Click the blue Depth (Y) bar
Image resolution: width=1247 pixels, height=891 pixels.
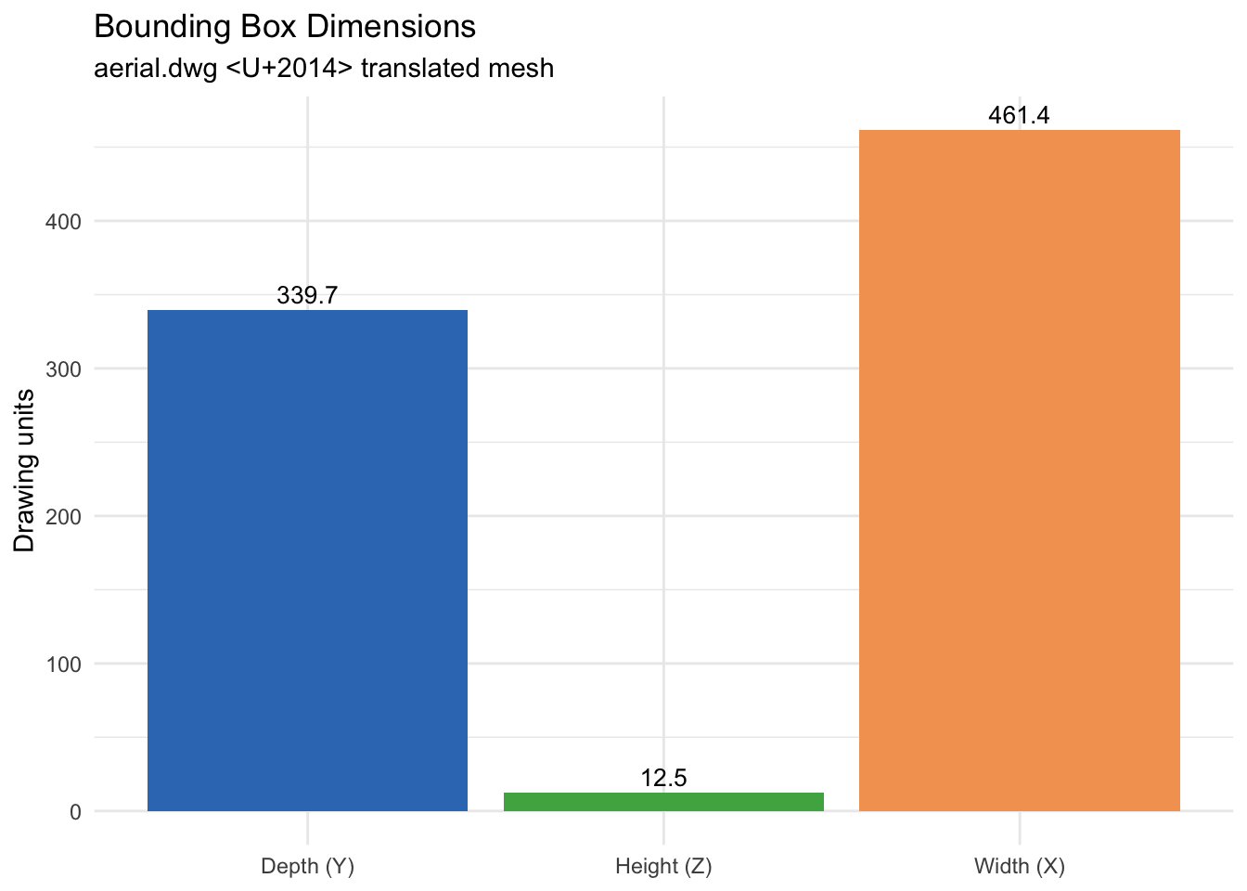point(307,561)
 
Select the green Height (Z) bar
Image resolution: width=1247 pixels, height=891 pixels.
point(663,802)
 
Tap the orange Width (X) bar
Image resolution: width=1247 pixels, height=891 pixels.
point(1019,471)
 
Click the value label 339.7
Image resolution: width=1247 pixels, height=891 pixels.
point(307,296)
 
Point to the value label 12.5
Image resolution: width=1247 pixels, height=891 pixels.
point(663,778)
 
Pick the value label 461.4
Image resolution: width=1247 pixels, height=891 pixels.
point(1019,116)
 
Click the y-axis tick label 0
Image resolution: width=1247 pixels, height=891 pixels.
point(74,812)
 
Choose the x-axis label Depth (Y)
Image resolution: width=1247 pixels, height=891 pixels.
point(307,867)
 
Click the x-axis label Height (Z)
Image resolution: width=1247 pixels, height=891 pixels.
point(663,867)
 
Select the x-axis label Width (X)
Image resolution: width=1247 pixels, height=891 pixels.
point(1019,867)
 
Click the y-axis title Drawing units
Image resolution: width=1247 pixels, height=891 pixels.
point(25,471)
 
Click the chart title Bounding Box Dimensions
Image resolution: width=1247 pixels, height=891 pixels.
point(285,27)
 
